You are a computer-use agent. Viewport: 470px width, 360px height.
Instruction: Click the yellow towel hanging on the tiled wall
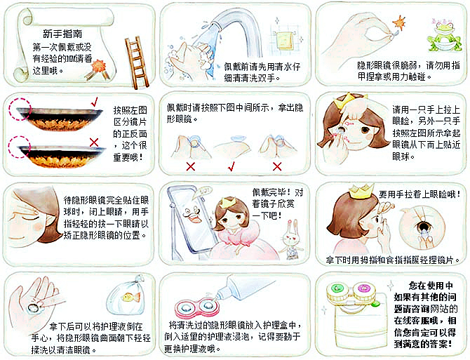(x=284, y=40)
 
